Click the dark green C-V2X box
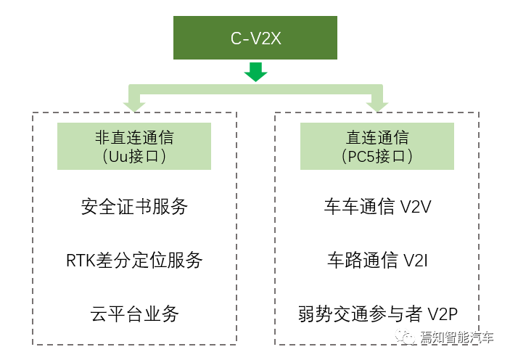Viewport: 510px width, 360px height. click(x=255, y=38)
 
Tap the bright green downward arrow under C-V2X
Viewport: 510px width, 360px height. click(x=255, y=72)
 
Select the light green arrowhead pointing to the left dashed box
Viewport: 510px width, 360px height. click(x=134, y=107)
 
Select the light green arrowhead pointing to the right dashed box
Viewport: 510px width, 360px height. click(x=377, y=107)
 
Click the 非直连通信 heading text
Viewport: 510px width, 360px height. click(x=134, y=137)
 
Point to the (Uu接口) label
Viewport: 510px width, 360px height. click(x=134, y=156)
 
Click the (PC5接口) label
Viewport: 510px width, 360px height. click(x=377, y=156)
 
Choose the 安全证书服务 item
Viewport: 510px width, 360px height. click(x=134, y=206)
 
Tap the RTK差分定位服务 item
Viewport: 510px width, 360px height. click(x=134, y=260)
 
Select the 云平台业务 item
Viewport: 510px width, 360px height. click(x=134, y=314)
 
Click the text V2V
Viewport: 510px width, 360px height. click(x=416, y=207)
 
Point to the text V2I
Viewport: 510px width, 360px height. click(x=416, y=261)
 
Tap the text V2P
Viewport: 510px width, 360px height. click(x=443, y=314)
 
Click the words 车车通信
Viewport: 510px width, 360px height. click(x=359, y=206)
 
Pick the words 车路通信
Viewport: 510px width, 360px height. click(x=362, y=260)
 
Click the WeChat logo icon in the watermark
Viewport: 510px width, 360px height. click(x=406, y=337)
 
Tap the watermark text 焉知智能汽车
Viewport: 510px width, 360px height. click(x=456, y=337)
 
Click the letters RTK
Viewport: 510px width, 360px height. click(x=81, y=261)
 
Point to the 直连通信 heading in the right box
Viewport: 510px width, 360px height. click(x=377, y=137)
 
